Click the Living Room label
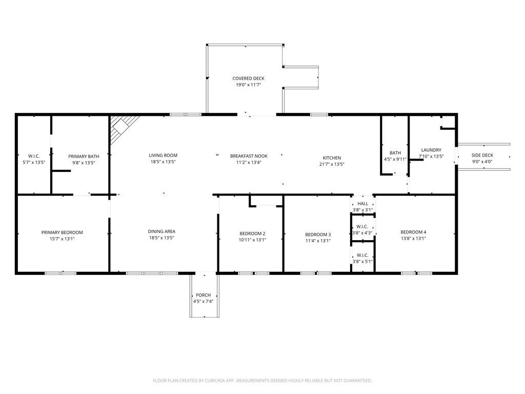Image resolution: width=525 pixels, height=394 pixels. pos(163,155)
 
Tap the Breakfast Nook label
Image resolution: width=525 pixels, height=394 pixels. pos(249,155)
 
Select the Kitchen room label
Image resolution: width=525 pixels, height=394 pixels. pos(332,157)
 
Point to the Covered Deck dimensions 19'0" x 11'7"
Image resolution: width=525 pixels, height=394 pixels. pos(248,85)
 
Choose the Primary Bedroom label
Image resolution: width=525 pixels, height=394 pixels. pos(62,232)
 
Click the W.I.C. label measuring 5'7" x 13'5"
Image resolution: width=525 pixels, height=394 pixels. pos(34,156)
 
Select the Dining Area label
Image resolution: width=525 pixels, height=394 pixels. pos(162,231)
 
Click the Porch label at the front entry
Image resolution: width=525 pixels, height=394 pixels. pos(203,295)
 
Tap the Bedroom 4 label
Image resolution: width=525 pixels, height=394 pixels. pos(413,231)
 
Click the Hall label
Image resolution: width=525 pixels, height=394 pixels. pos(362,204)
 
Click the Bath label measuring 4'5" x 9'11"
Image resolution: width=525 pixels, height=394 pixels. pos(395,153)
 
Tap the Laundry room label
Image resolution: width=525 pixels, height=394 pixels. pos(431,150)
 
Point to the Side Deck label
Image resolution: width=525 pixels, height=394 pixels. pos(482,155)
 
